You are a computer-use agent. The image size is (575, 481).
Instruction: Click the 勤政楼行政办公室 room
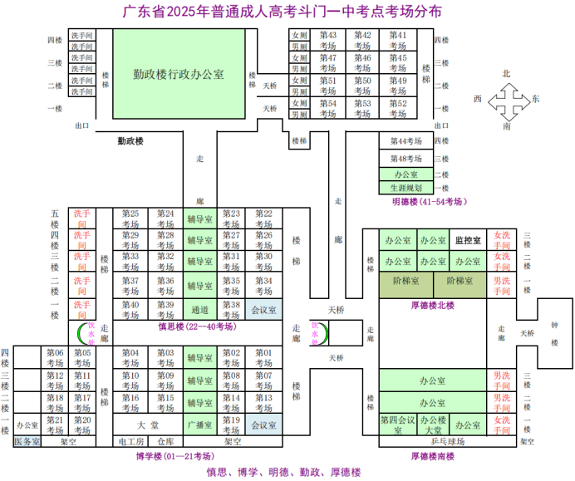point(178,74)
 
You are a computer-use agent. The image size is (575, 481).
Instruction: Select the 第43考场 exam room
point(327,40)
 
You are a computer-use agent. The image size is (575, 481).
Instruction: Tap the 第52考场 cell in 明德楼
point(398,108)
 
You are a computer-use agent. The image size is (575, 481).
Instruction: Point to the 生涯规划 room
point(406,189)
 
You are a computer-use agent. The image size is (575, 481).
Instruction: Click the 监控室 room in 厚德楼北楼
point(468,241)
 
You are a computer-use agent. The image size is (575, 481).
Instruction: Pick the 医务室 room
point(27,442)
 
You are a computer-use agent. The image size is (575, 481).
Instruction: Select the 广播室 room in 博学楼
point(200,425)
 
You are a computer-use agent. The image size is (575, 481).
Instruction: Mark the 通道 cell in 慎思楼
point(200,310)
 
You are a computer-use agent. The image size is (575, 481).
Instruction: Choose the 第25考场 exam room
point(130,218)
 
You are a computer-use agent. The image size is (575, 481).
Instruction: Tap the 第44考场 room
point(406,142)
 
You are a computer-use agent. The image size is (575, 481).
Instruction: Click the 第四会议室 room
point(397,425)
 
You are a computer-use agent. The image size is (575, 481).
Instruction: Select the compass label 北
point(506,74)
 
